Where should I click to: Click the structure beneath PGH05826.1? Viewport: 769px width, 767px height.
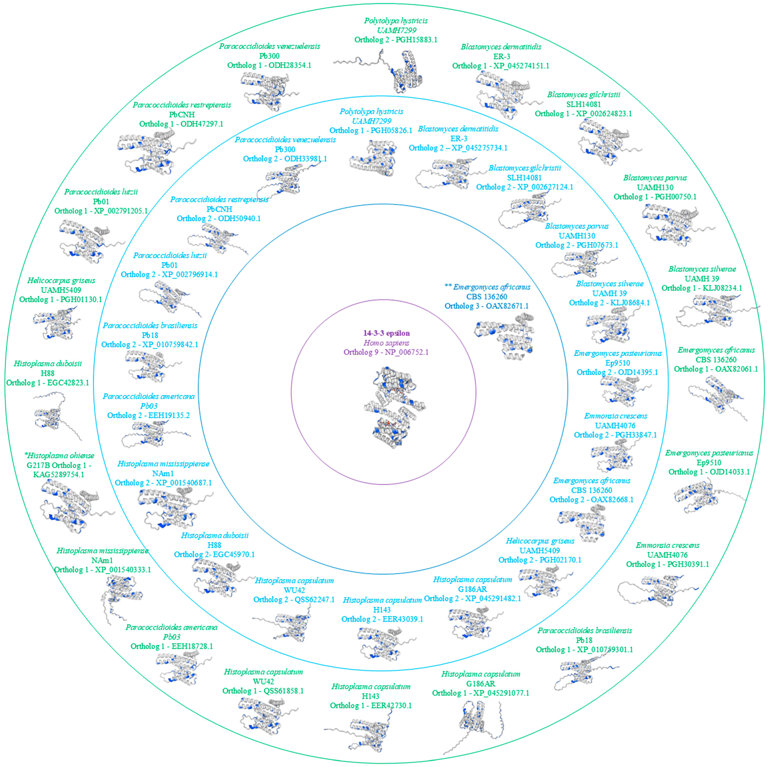[372, 159]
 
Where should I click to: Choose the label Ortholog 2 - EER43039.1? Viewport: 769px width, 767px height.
[382, 619]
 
